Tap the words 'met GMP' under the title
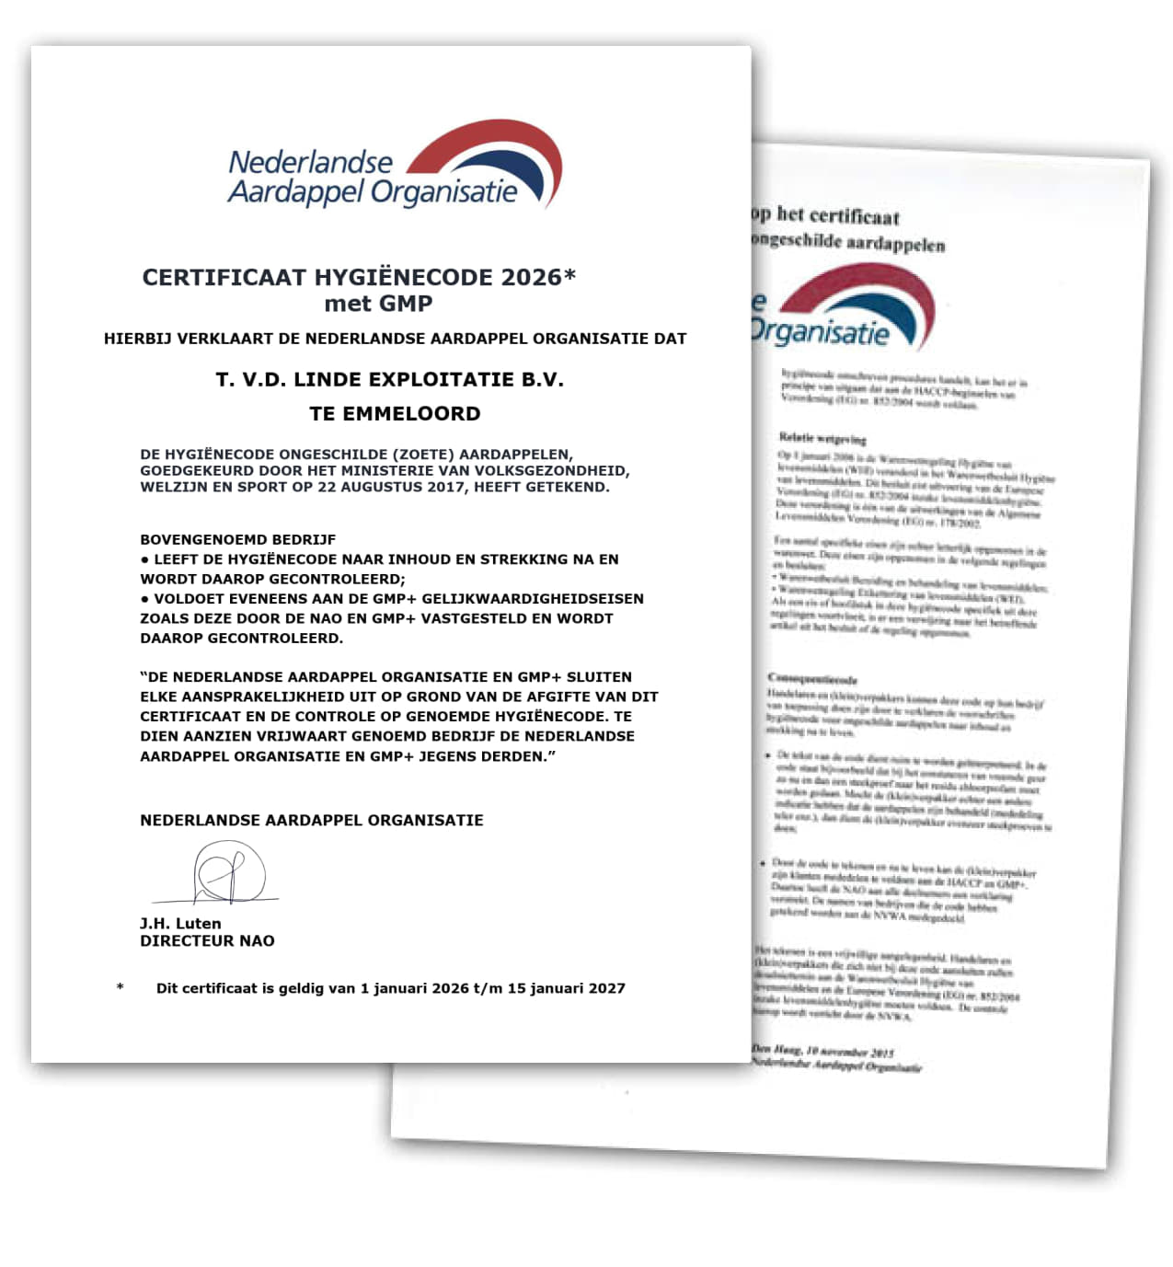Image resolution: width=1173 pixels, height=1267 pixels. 378,304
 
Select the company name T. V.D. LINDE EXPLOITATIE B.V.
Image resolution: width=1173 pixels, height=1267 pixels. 389,379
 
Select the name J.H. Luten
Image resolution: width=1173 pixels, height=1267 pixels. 180,923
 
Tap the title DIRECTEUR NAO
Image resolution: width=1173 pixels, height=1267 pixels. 207,940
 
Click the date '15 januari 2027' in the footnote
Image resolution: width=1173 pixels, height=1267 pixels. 566,988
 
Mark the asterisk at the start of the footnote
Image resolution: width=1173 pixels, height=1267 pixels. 121,988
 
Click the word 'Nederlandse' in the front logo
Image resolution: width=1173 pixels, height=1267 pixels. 310,163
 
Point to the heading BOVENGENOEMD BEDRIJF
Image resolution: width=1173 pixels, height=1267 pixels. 237,539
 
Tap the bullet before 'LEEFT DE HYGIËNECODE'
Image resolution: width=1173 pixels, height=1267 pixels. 145,559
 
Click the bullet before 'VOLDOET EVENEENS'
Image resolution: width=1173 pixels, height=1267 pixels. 145,599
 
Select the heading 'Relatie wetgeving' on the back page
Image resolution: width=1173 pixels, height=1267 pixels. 822,438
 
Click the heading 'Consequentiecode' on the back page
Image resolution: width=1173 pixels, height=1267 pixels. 812,679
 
